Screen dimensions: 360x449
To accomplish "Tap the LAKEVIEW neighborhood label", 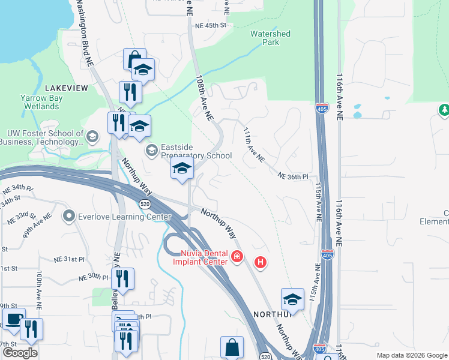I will pos(66,88).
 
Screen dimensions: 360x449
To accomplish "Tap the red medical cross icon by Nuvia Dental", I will pos(237,257).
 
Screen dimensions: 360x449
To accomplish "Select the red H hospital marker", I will pos(260,262).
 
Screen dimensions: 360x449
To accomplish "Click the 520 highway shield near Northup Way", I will pos(144,204).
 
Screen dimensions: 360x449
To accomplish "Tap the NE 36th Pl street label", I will pos(293,176).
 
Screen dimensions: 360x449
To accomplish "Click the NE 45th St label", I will pos(211,26).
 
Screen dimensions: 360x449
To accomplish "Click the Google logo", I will pos(20,353).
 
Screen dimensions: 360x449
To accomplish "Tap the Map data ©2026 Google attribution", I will pos(412,355).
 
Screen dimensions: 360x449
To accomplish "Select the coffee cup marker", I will pos(14,318).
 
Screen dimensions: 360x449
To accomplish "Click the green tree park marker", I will pos(444,110).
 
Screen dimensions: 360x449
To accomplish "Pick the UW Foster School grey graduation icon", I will pos(92,137).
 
